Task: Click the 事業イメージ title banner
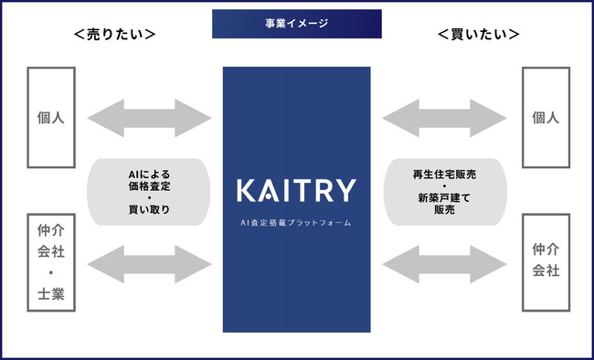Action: click(297, 24)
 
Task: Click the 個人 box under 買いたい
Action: click(546, 118)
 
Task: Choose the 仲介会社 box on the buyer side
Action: click(546, 260)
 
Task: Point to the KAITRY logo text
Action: click(296, 191)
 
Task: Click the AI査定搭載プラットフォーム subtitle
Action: click(296, 222)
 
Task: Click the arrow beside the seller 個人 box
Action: click(149, 118)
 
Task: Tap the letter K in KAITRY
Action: click(245, 191)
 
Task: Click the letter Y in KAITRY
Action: click(346, 191)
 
